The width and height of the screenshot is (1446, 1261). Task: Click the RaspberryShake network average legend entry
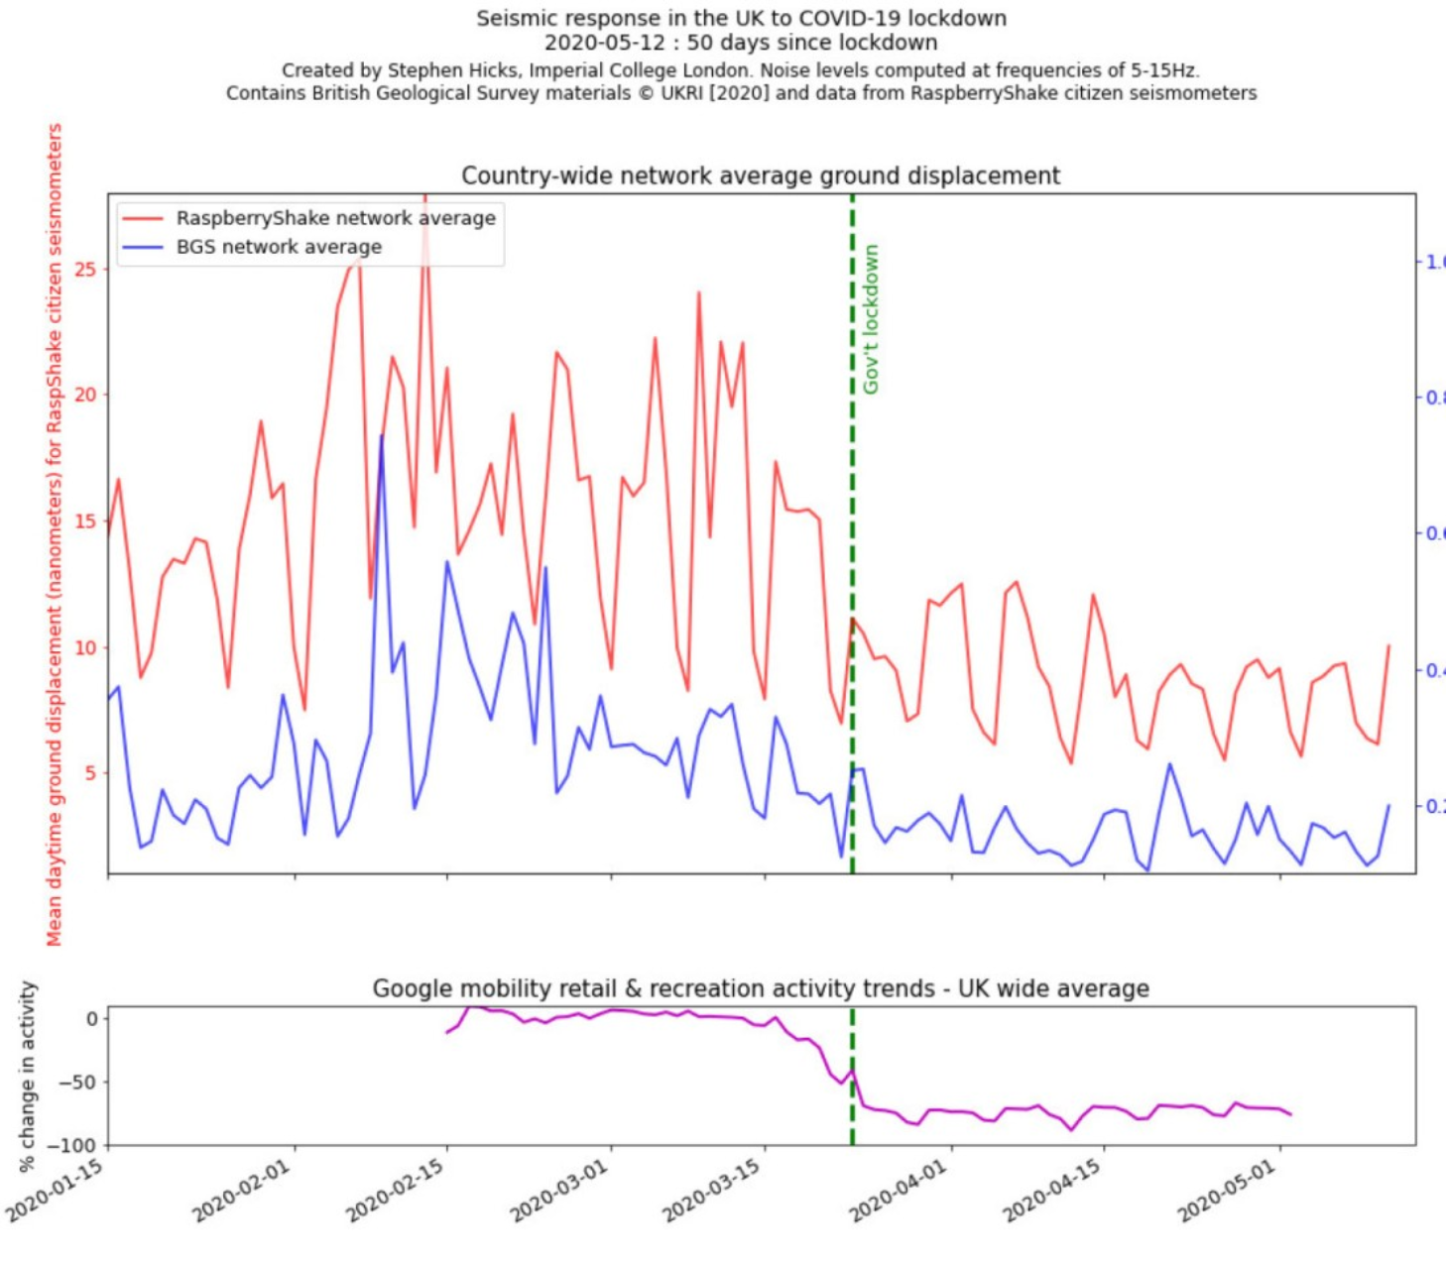pos(335,218)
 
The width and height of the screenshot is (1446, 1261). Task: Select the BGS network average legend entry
pos(279,247)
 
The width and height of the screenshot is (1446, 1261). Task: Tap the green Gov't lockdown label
pos(871,319)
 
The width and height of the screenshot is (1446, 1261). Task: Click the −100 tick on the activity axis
pos(76,1146)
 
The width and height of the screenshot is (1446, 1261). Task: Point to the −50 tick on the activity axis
pos(79,1082)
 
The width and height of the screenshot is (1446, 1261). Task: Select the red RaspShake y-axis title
pos(54,535)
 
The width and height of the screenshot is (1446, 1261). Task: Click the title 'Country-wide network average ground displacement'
pos(761,176)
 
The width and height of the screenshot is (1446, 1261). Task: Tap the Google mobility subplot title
pos(761,988)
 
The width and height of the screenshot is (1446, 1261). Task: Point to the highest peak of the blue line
pos(382,435)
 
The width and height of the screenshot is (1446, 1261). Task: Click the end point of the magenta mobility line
pos(1291,1114)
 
